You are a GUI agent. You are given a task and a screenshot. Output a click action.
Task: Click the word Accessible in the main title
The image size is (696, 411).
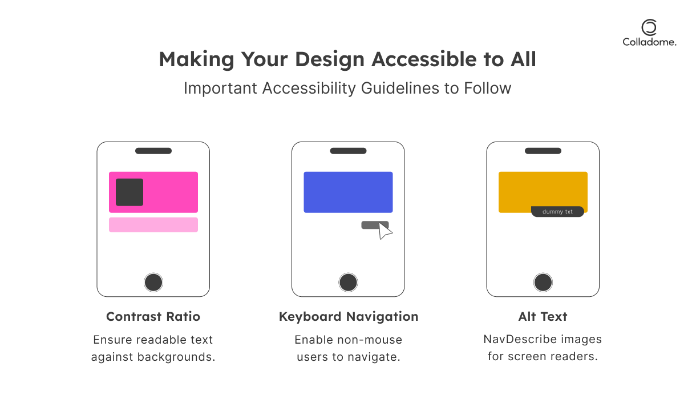[424, 59]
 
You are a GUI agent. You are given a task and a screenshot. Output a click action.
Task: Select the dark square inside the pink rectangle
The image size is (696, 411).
[130, 192]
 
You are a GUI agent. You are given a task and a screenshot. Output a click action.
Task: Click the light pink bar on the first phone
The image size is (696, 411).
[153, 225]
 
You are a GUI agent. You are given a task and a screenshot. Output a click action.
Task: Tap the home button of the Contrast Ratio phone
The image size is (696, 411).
[153, 283]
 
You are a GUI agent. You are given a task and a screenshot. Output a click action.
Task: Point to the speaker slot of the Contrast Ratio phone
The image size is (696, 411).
[153, 151]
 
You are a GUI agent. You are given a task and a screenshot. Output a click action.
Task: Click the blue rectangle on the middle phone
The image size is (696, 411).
[348, 192]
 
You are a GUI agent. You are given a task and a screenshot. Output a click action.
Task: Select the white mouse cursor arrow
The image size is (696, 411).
[384, 231]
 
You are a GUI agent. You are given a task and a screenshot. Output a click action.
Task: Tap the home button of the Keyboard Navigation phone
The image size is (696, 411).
[348, 283]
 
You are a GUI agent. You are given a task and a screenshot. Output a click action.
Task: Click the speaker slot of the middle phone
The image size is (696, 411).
[348, 151]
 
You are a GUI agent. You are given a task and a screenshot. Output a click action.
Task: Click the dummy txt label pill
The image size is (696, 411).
[557, 211]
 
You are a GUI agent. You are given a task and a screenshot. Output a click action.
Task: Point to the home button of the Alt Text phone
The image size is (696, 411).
[543, 283]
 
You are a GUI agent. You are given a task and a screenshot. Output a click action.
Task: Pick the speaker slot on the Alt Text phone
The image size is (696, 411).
[543, 151]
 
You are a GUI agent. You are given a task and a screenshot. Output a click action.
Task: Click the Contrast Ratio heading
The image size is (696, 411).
[153, 316]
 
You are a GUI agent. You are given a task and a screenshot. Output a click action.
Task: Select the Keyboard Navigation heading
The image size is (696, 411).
[349, 316]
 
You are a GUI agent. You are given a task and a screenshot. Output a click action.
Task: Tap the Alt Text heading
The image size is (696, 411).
[543, 316]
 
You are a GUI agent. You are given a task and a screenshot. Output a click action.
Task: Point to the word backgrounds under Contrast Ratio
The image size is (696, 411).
[176, 357]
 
